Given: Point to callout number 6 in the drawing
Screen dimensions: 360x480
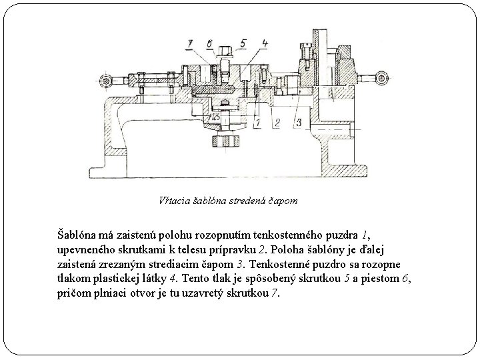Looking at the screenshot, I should (210, 43).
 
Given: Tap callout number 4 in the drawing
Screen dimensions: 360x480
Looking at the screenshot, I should (265, 43).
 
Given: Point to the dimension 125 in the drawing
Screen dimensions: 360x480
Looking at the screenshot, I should (215, 117).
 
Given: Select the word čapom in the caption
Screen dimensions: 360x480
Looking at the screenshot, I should (283, 199).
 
